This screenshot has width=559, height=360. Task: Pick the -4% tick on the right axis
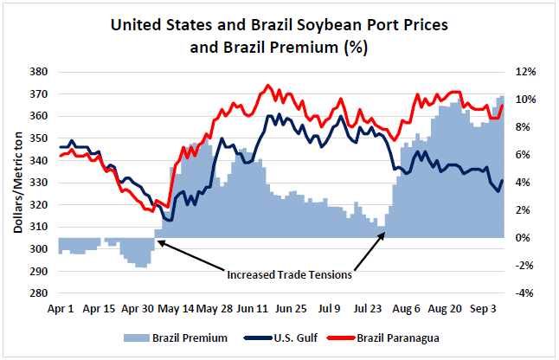(x=524, y=293)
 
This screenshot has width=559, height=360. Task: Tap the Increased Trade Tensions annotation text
(x=289, y=275)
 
